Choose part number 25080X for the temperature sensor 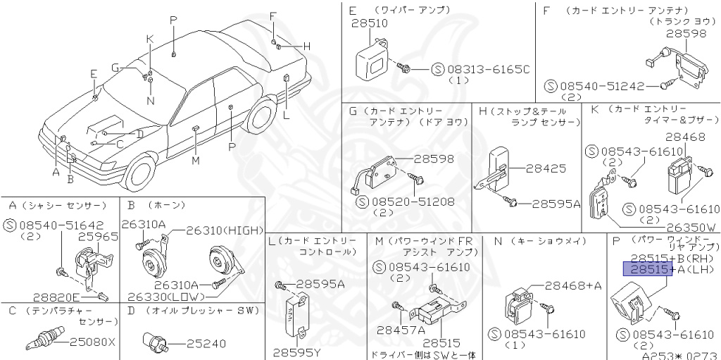click(92, 343)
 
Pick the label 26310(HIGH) click(225, 230)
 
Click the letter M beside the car click(195, 160)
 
